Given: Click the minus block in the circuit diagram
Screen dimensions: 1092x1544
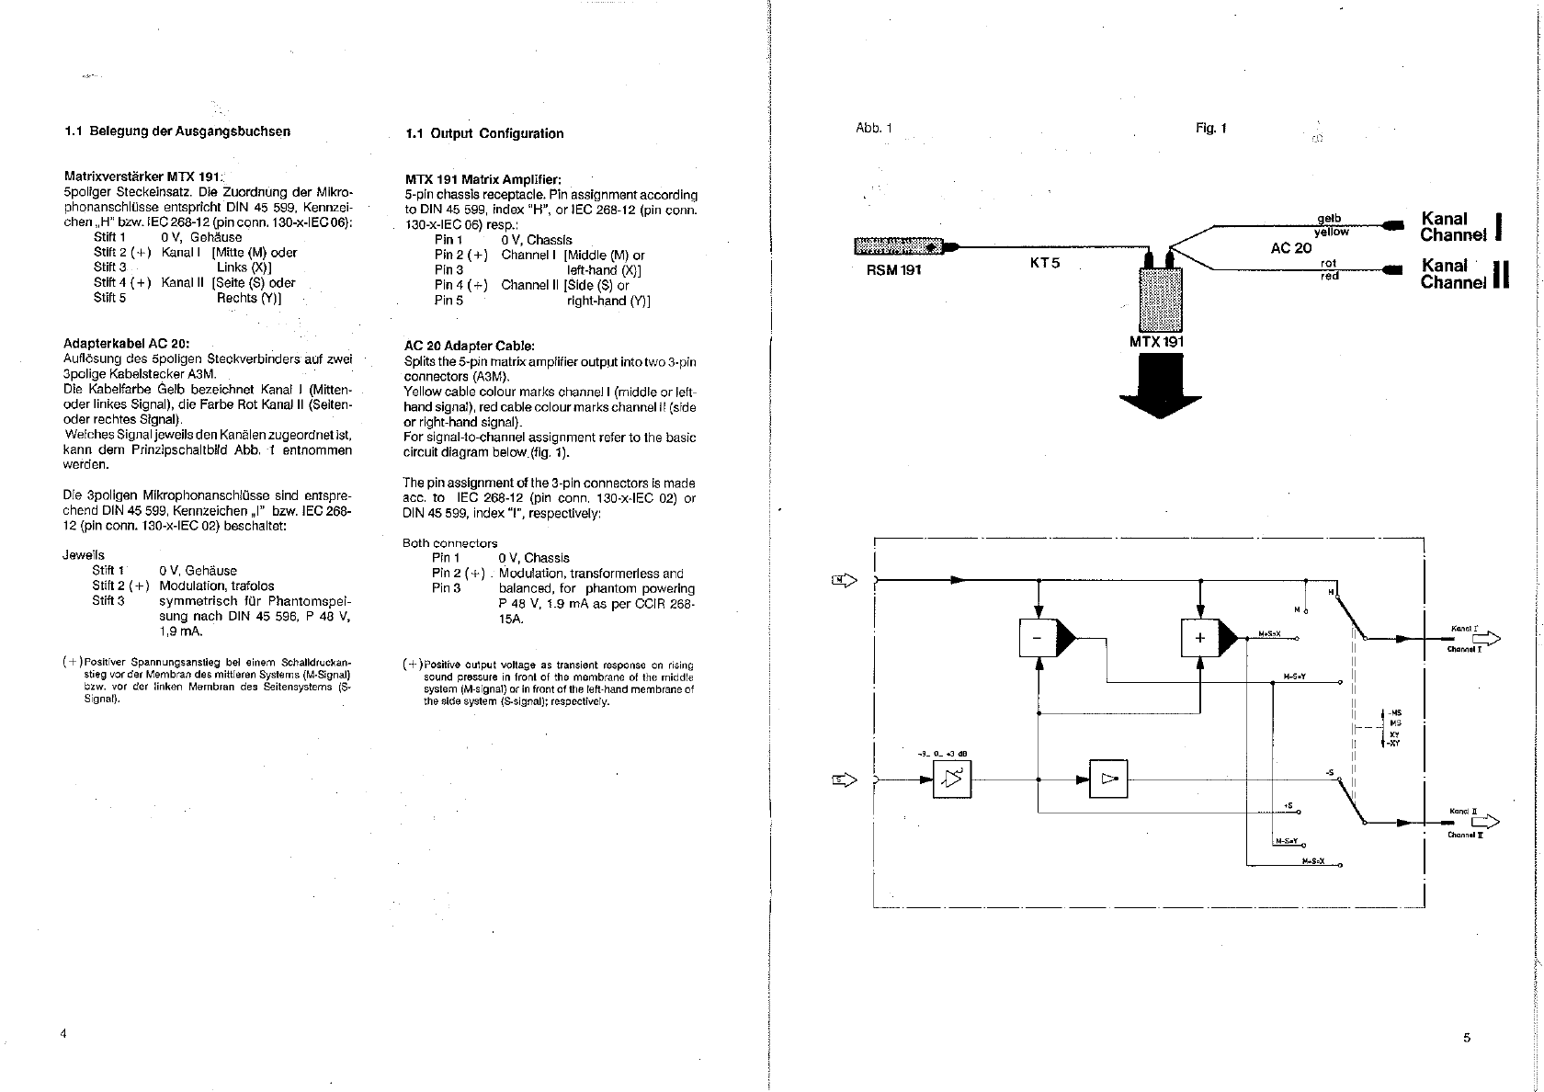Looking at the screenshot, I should [1038, 638].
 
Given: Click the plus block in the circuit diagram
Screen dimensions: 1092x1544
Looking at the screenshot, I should [1199, 638].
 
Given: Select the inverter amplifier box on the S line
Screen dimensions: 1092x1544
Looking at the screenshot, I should [1108, 779].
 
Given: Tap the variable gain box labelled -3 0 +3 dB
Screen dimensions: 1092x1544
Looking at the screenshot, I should [952, 779].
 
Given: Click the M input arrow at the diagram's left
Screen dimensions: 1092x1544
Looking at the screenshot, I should [845, 579].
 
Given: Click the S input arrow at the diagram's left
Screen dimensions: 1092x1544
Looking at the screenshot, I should [845, 779].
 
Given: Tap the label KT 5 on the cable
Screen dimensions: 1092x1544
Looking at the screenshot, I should [1045, 263].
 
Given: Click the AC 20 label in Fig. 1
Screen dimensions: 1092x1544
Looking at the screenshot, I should [1290, 248].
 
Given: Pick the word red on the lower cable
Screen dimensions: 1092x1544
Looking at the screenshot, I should [1329, 276].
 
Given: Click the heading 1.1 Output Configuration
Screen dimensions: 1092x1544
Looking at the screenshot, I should [484, 133].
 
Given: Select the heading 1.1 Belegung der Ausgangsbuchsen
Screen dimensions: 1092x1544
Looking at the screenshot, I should [177, 131].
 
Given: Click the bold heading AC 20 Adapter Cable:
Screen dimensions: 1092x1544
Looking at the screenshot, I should [469, 346].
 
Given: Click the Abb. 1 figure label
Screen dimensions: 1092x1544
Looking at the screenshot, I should [873, 128].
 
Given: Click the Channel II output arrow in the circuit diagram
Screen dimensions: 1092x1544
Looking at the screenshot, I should [1485, 822].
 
